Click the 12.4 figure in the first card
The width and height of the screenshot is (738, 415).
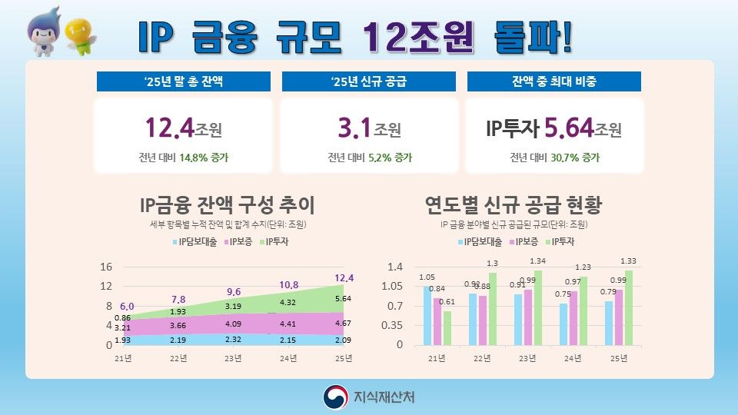[169, 128]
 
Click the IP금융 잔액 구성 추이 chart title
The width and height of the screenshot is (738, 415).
[227, 205]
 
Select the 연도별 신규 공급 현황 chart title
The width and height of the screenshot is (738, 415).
[513, 205]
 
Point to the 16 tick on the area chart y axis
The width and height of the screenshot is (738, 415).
[107, 267]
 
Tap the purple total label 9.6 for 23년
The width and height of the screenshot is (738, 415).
[233, 291]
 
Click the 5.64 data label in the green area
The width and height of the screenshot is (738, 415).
[343, 298]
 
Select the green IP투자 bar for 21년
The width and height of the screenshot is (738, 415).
[447, 328]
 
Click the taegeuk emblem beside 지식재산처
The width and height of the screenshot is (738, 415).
[335, 397]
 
